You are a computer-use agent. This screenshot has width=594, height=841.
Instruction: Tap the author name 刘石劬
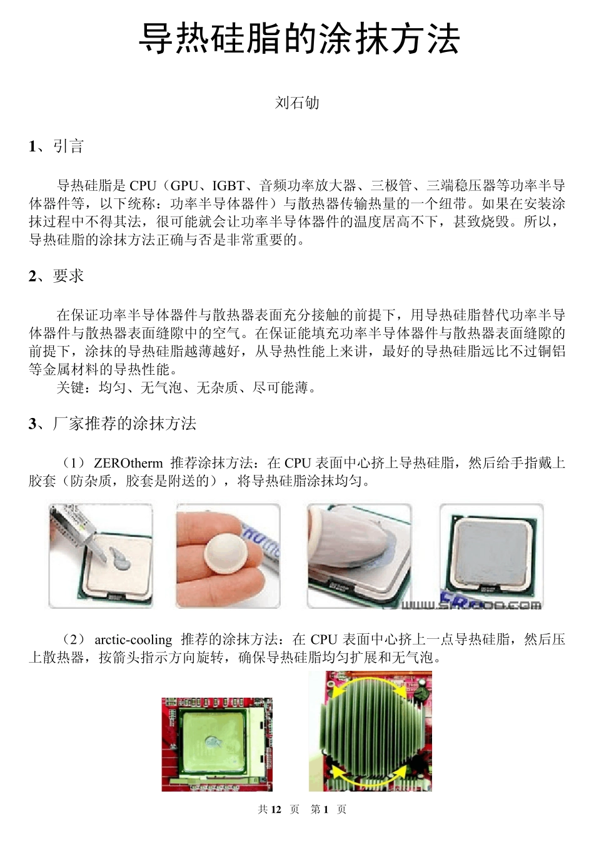(x=297, y=103)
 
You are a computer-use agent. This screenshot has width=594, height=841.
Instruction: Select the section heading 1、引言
(x=56, y=146)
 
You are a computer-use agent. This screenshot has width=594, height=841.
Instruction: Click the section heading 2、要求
(x=56, y=276)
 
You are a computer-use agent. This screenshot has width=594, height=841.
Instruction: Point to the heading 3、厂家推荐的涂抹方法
(x=113, y=424)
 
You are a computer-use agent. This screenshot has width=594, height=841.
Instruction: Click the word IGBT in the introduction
(x=228, y=186)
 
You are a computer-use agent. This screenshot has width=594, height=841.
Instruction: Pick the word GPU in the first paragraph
(x=184, y=186)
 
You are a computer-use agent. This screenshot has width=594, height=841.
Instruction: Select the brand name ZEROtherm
(x=128, y=464)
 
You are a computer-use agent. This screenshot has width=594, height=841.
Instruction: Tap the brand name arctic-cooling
(x=133, y=640)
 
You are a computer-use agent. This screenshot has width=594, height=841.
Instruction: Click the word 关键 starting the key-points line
(x=70, y=388)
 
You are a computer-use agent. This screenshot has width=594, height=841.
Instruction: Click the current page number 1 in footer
(x=326, y=810)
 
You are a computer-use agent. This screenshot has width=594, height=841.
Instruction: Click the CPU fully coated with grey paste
(x=491, y=551)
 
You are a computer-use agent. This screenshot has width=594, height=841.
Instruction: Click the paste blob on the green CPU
(x=212, y=743)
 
